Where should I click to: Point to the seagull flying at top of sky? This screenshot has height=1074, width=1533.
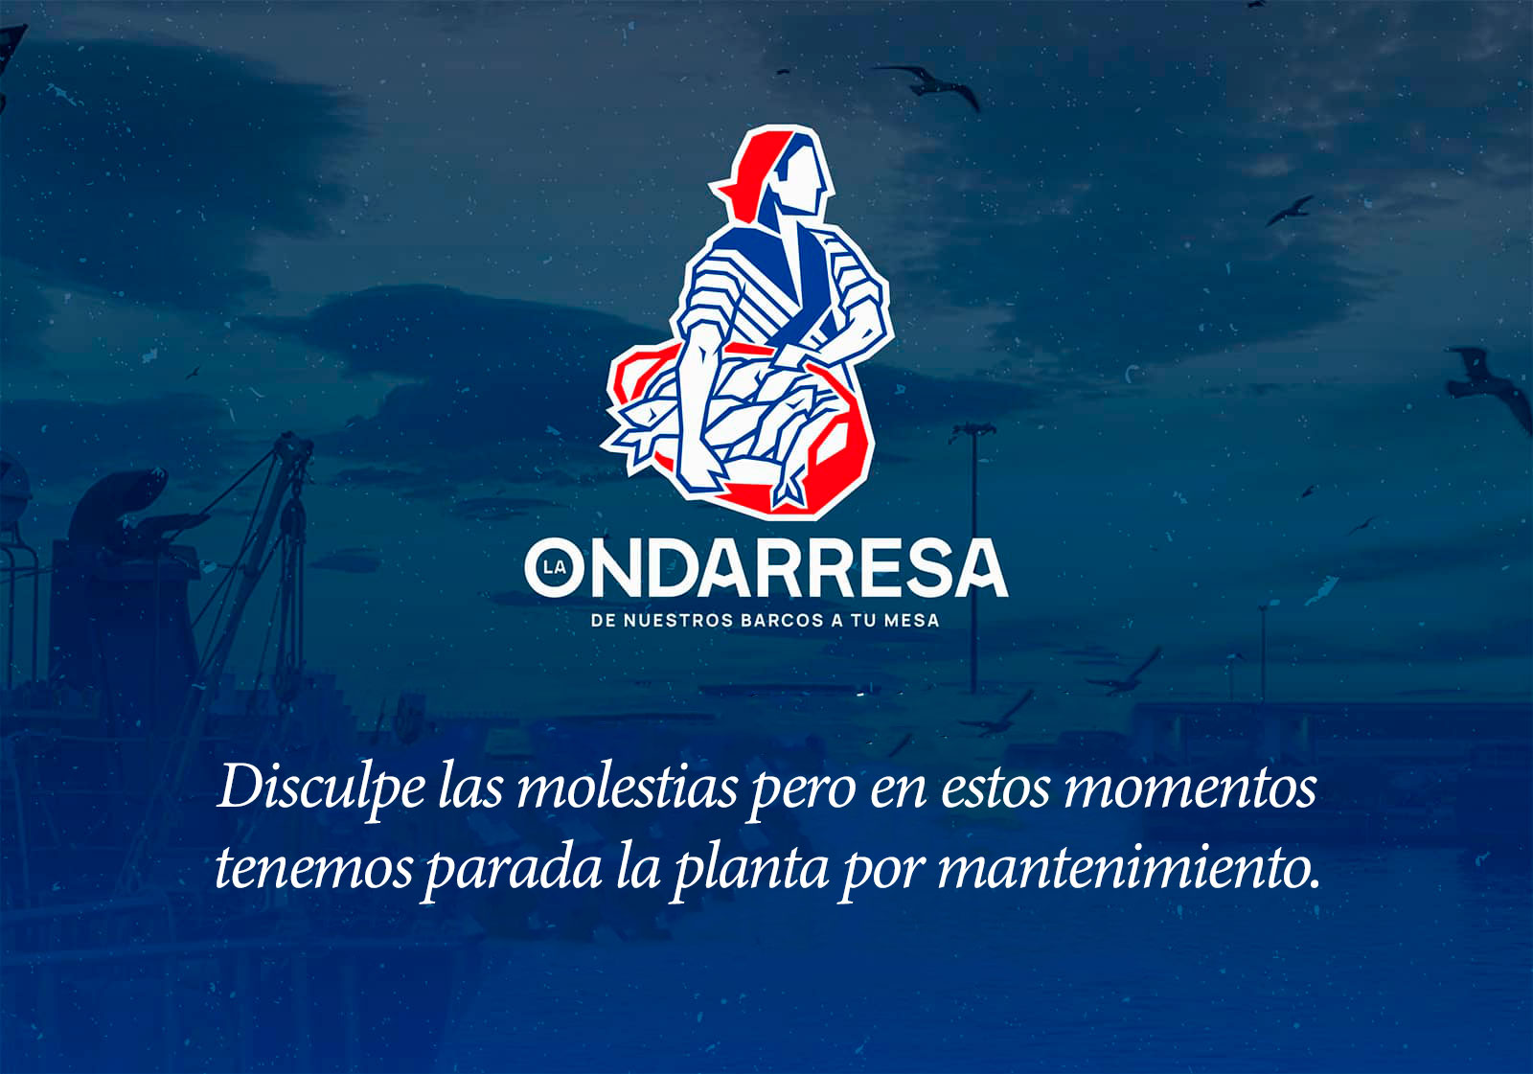pyautogui.click(x=927, y=84)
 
